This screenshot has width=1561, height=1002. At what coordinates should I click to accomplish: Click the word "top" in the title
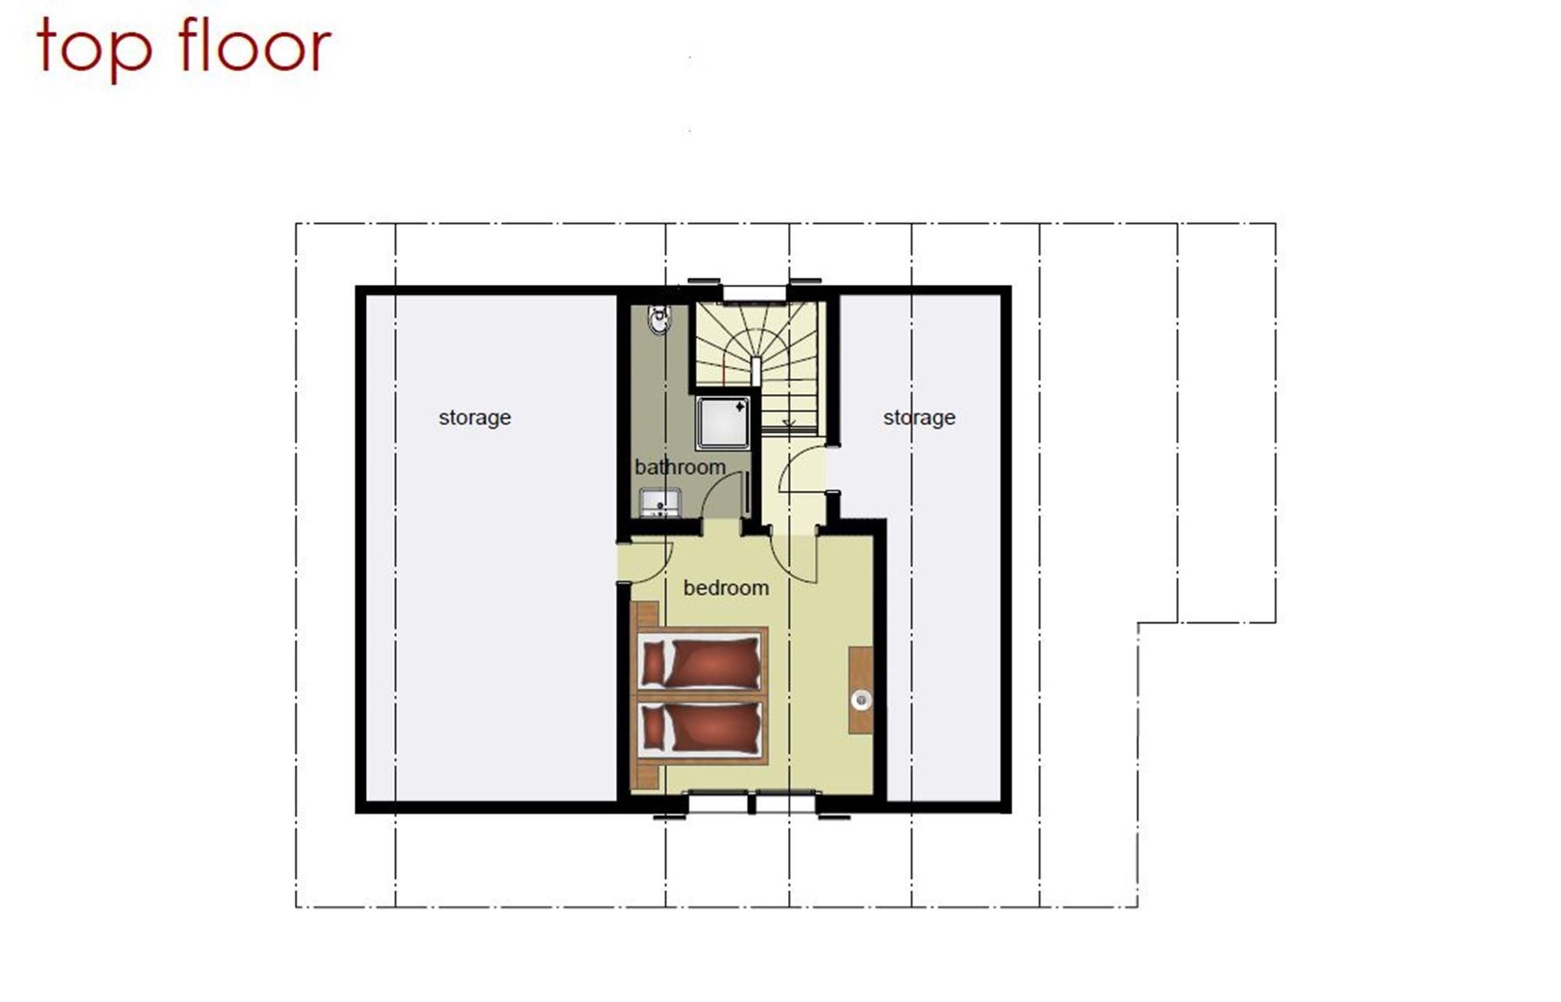click(94, 49)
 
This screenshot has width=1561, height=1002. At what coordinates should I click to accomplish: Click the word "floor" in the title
click(256, 44)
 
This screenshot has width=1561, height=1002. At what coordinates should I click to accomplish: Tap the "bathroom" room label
click(680, 467)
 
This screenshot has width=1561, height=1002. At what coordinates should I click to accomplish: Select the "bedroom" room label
click(726, 588)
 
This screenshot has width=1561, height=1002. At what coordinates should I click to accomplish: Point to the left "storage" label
click(475, 417)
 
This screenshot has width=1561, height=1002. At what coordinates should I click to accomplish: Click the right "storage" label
click(919, 417)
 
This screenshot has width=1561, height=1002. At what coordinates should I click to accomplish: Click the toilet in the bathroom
click(660, 320)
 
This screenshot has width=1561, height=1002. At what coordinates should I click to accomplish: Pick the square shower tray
click(724, 424)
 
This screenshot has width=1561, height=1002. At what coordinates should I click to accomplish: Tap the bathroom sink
click(660, 503)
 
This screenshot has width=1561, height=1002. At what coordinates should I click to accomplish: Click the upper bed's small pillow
click(652, 663)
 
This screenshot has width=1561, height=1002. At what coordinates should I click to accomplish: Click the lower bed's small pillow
click(652, 727)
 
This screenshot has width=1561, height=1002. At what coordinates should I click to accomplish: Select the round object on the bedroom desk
click(861, 700)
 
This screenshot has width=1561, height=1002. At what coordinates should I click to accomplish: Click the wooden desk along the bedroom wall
click(861, 690)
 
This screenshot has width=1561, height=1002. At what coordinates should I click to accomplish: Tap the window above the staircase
click(754, 293)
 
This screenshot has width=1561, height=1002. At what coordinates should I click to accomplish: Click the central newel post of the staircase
click(755, 370)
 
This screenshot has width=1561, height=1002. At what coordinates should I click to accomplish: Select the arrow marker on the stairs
click(788, 425)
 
